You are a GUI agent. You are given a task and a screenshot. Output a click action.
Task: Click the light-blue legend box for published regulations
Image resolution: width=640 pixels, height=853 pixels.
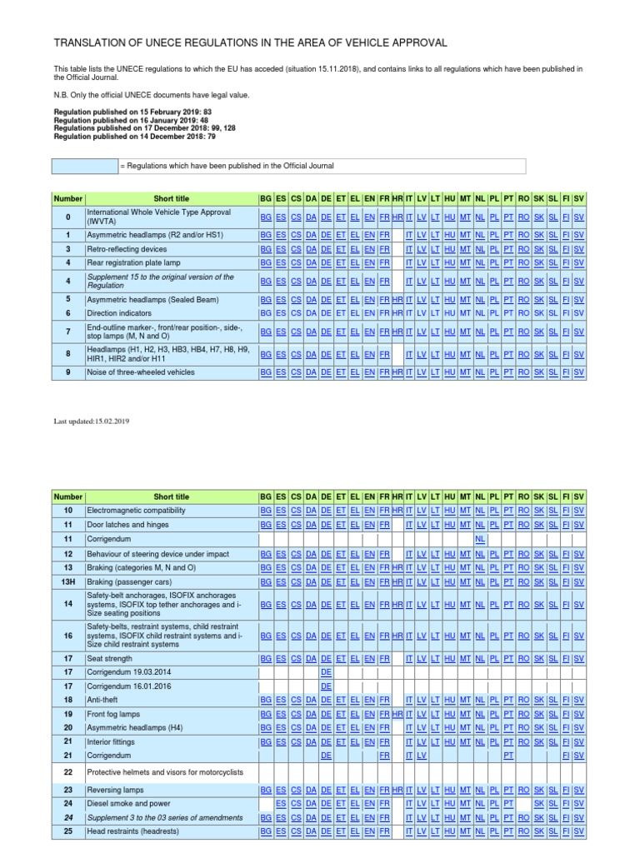click(x=86, y=167)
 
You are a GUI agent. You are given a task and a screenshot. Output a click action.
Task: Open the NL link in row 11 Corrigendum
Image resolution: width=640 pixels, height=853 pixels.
click(x=480, y=539)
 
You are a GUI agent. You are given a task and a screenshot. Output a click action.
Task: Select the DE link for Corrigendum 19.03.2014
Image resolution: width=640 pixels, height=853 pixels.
click(x=327, y=671)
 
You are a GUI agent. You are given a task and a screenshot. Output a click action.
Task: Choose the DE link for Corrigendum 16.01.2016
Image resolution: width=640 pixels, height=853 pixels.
click(x=327, y=686)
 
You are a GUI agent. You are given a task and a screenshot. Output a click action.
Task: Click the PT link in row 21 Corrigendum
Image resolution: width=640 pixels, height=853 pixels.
click(x=507, y=755)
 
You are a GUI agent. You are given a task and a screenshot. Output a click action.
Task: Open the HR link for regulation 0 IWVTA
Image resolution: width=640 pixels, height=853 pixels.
click(x=397, y=217)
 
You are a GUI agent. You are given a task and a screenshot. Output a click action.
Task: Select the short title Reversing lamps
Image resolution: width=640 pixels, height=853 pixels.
click(x=116, y=790)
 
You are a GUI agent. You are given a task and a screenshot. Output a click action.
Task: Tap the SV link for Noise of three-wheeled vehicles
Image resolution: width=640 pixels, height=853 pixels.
click(x=579, y=372)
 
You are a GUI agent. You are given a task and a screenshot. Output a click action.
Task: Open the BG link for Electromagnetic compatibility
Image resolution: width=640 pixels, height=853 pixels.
click(x=266, y=510)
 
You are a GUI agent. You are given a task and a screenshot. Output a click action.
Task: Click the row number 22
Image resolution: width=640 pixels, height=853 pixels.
click(x=68, y=772)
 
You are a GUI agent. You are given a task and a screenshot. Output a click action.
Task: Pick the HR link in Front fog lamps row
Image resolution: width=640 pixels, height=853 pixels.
click(x=397, y=714)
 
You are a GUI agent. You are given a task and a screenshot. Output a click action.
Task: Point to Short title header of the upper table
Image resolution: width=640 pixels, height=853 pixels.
click(x=171, y=199)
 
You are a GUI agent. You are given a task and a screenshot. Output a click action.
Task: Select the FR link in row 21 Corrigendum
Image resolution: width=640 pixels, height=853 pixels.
click(x=384, y=755)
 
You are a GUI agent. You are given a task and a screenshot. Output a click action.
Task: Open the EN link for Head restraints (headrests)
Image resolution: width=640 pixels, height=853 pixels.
click(x=369, y=831)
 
